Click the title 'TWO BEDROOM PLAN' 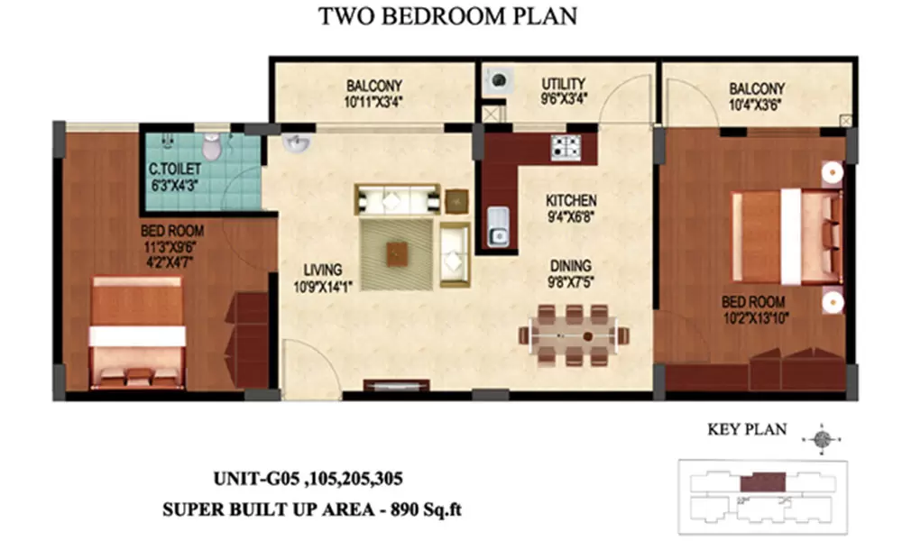(x=447, y=17)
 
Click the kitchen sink (x=497, y=226)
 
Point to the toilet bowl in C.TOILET (x=212, y=146)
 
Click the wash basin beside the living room (x=294, y=144)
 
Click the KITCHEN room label (x=571, y=199)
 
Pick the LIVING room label (x=322, y=269)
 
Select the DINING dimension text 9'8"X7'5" (x=570, y=281)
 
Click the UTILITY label (x=564, y=84)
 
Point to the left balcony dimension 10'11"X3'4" (x=373, y=102)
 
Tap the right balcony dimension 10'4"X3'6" (x=757, y=104)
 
